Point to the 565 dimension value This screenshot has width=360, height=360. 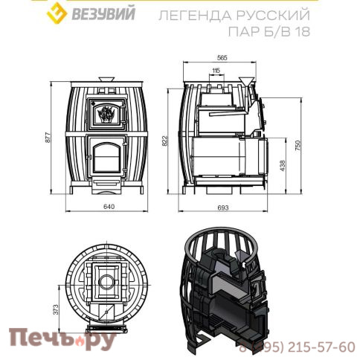coord(222,57)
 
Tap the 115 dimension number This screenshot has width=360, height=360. coord(216,71)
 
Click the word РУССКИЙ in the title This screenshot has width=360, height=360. coord(263,15)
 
